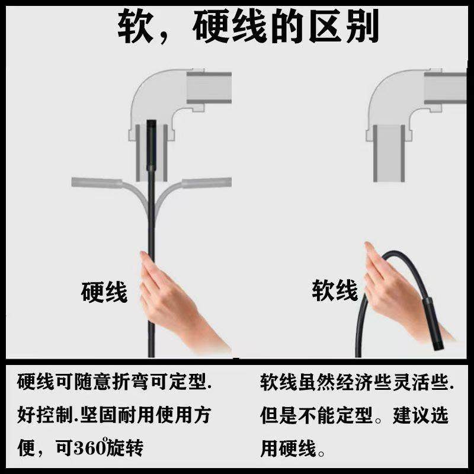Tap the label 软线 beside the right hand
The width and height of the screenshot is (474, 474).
[x=335, y=291]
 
